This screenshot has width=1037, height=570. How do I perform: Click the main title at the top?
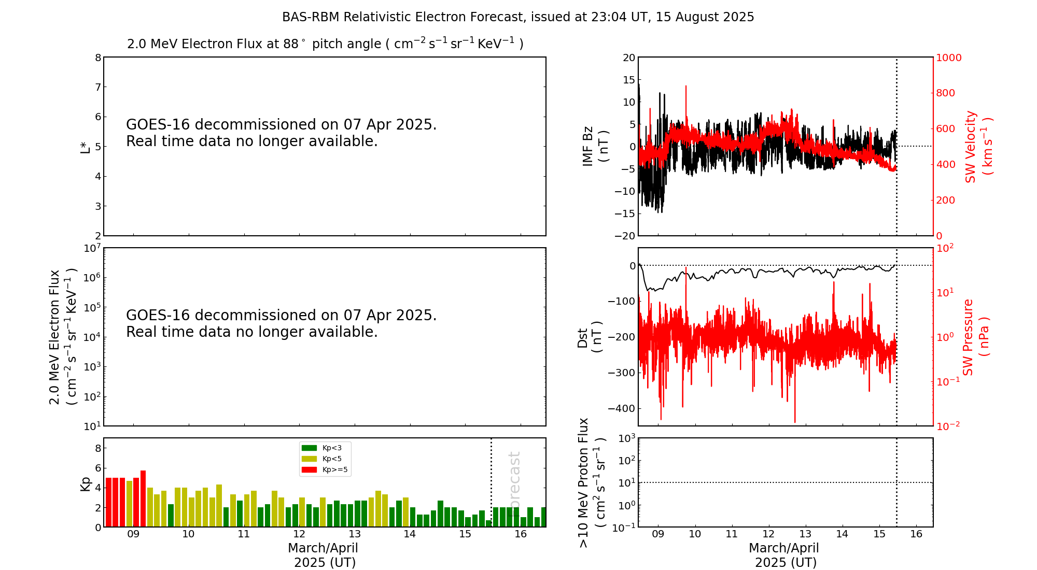pos(518,17)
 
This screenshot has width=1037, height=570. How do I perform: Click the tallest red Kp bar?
pos(143,498)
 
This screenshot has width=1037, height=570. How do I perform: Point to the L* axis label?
pos(85,147)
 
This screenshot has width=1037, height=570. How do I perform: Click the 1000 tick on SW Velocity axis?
pos(948,58)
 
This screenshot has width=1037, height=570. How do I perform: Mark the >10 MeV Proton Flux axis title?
pos(592,482)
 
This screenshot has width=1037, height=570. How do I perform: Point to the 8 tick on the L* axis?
pos(97,58)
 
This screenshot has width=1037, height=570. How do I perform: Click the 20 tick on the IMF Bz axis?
pos(628,58)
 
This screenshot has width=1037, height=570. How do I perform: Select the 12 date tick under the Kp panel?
pos(299,534)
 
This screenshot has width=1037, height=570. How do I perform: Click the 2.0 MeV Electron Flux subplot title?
pos(325,44)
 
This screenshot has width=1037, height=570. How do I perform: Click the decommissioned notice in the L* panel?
pos(281,133)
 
